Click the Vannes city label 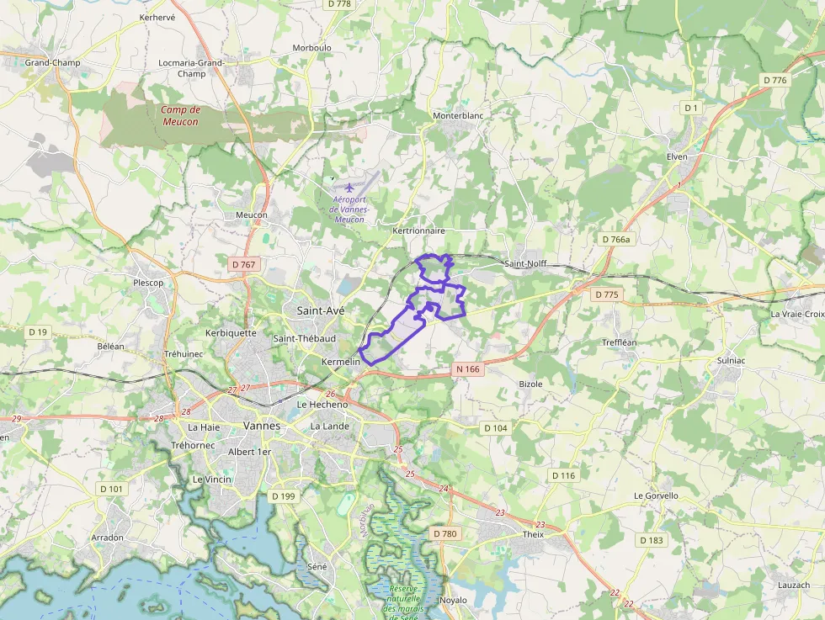coord(261,426)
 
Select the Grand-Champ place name coord(52,63)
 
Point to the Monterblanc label coord(455,115)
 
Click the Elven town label coord(677,156)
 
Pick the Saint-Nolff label coord(525,263)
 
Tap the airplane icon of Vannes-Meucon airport coord(350,185)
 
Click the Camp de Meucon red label coord(180,116)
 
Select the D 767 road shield coord(242,264)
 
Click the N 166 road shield coord(468,368)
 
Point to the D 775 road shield coord(606,294)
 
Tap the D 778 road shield coord(338,4)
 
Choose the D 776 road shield coord(774,80)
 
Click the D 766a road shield coord(616,240)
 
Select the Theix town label coord(533,534)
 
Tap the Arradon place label coord(108,538)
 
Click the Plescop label coord(148,283)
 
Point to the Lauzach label coord(794,585)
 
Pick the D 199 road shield coord(285,496)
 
